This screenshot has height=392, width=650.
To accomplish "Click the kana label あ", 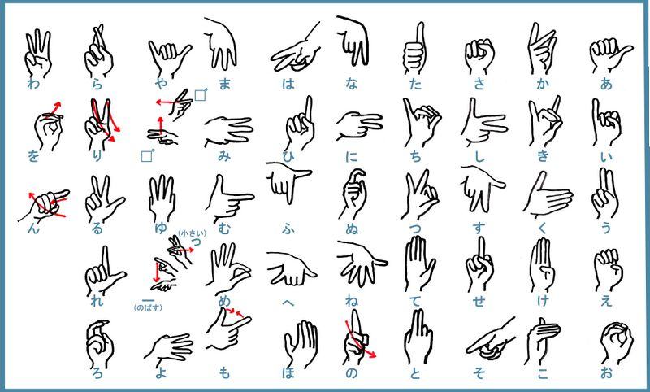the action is click(606, 84).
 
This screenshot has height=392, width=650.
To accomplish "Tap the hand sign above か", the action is click(543, 49).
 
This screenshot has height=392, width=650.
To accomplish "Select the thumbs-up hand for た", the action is click(415, 49).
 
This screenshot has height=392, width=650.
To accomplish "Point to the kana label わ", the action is click(33, 84).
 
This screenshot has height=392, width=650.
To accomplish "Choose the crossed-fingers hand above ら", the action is click(98, 51).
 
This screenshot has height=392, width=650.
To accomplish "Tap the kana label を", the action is click(33, 156).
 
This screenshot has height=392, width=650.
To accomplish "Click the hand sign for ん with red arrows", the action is click(45, 206).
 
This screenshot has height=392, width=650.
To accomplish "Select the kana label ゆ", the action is click(160, 228).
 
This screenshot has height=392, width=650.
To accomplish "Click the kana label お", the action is click(606, 372).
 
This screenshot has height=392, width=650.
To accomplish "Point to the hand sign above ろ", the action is click(99, 344).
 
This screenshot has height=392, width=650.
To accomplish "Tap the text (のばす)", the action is click(148, 307).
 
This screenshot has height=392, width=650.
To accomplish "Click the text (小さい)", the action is click(193, 233).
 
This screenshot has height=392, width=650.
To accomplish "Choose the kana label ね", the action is click(352, 300).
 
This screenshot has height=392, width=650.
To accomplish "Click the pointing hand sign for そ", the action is click(490, 340).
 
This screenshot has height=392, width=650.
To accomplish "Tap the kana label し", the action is click(479, 156).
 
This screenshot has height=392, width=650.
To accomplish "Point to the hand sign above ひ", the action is click(299, 123).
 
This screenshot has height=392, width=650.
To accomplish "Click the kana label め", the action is click(224, 300).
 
